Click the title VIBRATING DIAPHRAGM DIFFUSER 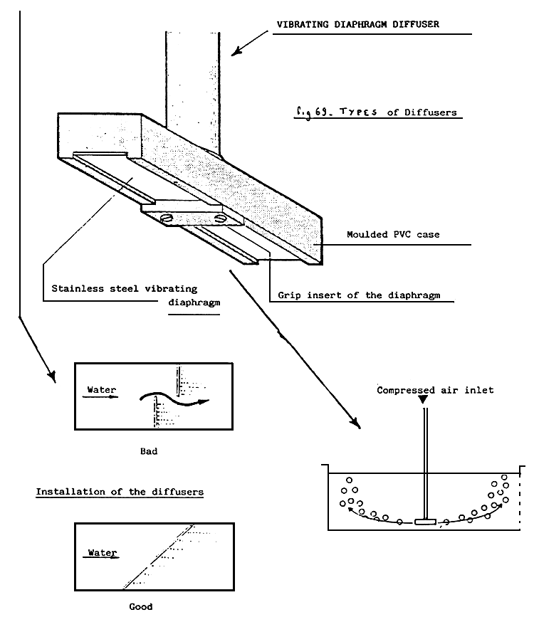pos(358,24)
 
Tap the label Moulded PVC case pos(393,234)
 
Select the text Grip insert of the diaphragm pos(359,295)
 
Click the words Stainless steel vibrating pos(125,288)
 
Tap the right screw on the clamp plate pos(219,218)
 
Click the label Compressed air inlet pos(435,390)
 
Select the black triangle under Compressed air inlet pos(424,399)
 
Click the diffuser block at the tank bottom pos(425,522)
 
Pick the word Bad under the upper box pos(149,451)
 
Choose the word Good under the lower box pos(141,606)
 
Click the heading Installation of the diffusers pos(120,492)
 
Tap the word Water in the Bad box pos(102,389)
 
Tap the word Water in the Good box pos(103,552)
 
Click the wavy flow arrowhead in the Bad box pos(203,402)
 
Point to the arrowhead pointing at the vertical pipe pos(236,51)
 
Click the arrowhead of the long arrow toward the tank pos(356,423)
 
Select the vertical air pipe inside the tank pos(425,463)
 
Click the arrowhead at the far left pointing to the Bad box pos(52,377)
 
